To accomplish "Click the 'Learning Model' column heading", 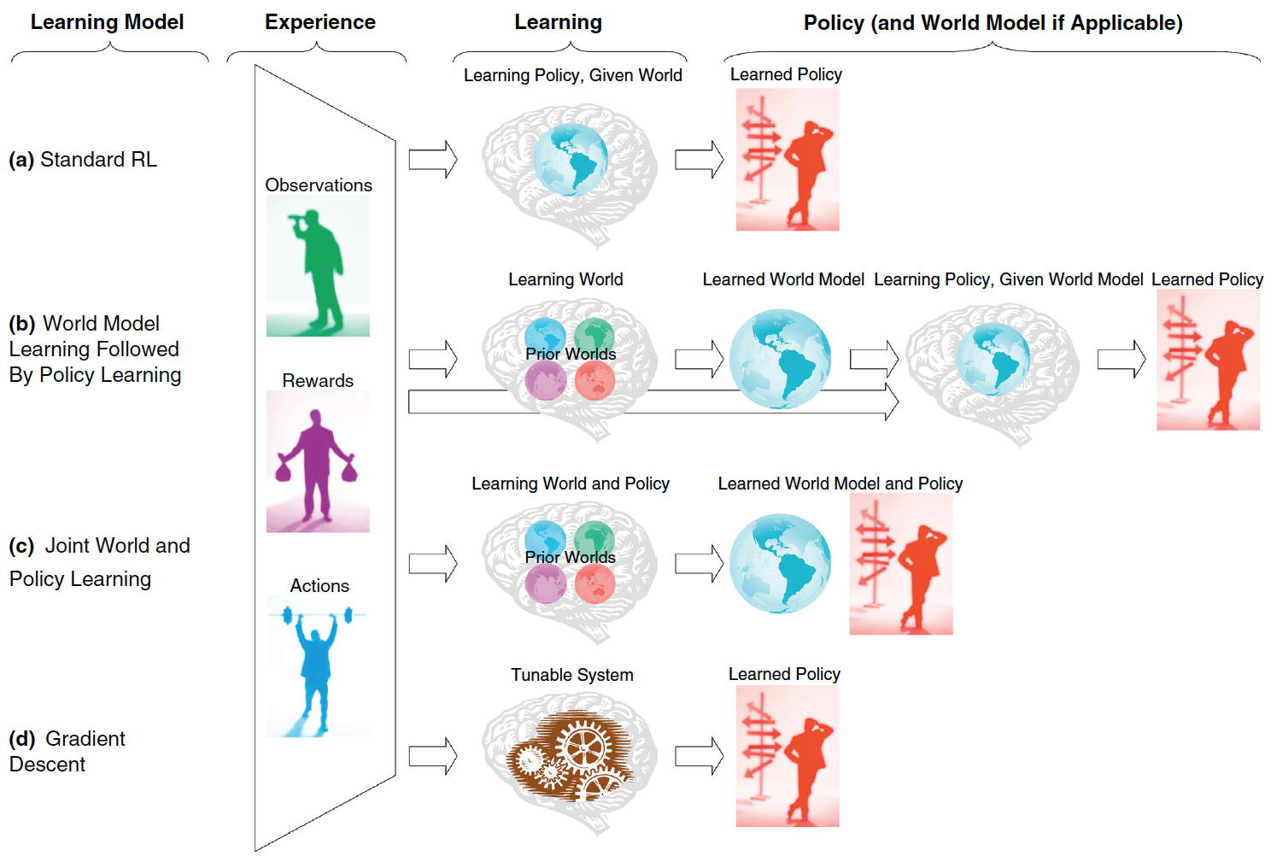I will [107, 22].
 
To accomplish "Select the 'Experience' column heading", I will [319, 22].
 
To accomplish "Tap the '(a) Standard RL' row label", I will [83, 160].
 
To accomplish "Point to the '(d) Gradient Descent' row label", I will [67, 751].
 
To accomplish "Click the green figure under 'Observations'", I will [318, 266].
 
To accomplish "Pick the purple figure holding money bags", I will [318, 461].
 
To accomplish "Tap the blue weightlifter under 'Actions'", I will [318, 666].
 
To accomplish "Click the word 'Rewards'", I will [318, 381].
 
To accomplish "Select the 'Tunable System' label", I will [571, 675].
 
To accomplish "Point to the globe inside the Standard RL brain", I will [570, 159].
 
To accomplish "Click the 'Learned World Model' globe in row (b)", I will [780, 359].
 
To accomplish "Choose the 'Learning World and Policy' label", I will [570, 484].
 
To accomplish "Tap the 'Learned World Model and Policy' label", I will [840, 484].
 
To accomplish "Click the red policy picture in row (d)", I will [788, 756].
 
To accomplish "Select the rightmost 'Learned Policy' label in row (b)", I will [1207, 279].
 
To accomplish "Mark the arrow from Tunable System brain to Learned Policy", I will [699, 757].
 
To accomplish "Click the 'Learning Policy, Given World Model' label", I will [1008, 279].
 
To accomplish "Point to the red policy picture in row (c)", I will [901, 564].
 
